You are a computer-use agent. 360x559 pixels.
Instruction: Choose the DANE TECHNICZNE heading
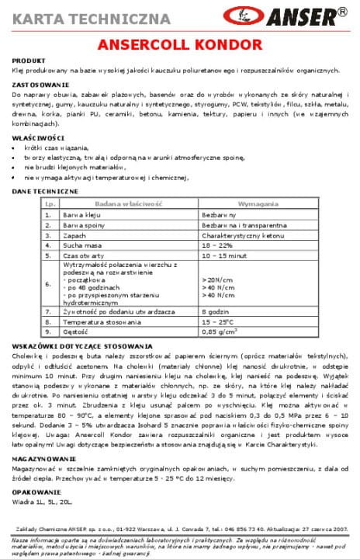(45, 191)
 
